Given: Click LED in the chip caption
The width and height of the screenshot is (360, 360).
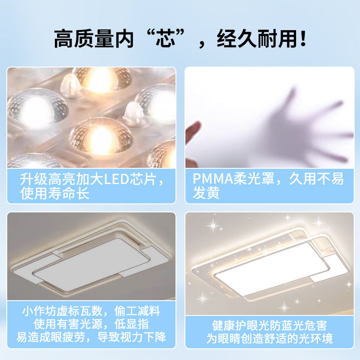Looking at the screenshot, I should pyautogui.click(x=115, y=179).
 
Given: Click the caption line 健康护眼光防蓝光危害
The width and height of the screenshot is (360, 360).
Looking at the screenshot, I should pyautogui.click(x=270, y=325).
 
